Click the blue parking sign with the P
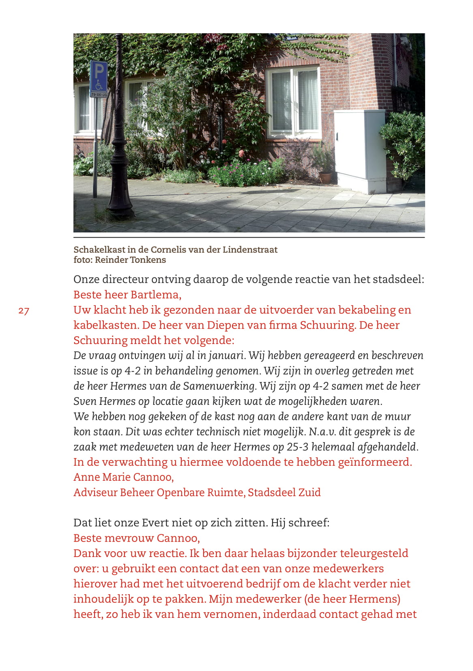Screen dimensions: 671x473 point(99,76)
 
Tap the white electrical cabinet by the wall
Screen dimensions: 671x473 point(359,150)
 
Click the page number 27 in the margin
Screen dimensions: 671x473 point(24,311)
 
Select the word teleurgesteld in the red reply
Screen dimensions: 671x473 point(374,553)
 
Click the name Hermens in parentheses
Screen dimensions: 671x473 point(372,599)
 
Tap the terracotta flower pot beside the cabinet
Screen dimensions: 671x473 point(325,177)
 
